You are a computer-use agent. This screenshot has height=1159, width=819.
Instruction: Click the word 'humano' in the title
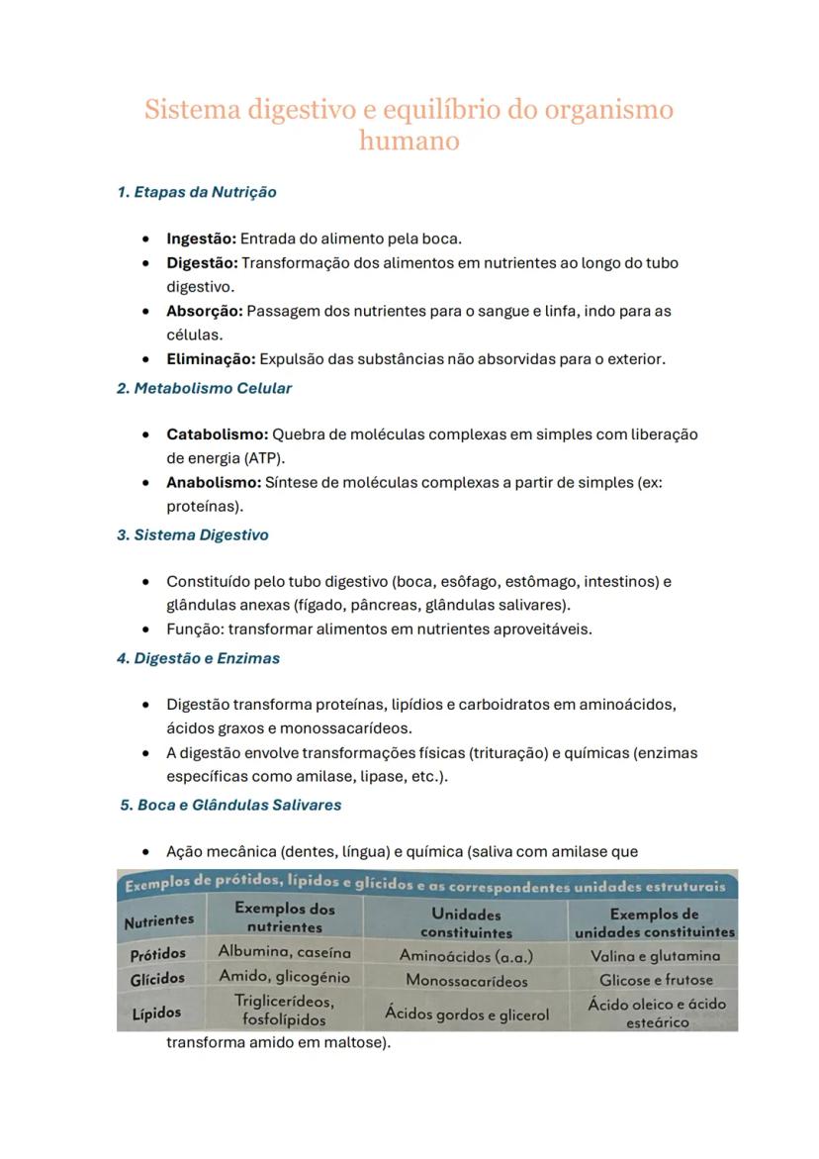point(409,141)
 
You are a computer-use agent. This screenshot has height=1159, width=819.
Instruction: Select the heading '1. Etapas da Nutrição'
point(197,192)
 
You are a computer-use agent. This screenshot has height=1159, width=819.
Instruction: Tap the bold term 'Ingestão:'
point(201,239)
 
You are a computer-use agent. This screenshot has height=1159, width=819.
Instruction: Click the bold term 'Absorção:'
point(204,311)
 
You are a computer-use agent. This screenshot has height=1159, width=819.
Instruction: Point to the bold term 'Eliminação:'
point(211,358)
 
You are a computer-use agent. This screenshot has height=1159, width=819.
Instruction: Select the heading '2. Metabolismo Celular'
point(204,388)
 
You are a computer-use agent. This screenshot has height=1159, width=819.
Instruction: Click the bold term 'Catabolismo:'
point(217,435)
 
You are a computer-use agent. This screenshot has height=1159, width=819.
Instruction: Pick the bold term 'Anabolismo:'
point(213,483)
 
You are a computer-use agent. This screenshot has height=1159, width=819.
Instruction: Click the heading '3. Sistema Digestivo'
point(193,534)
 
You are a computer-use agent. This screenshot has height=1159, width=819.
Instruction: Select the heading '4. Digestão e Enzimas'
point(198,658)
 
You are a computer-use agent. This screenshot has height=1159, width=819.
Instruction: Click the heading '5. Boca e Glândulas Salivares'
point(230,805)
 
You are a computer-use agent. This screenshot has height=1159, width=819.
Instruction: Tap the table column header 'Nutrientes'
point(158,920)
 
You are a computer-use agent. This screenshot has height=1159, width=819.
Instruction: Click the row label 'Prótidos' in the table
point(158,955)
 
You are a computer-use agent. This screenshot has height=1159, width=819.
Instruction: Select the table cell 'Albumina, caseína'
point(285,951)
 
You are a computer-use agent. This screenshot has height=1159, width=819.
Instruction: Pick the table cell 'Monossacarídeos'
point(466,981)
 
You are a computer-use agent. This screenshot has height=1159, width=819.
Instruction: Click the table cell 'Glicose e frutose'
point(656,980)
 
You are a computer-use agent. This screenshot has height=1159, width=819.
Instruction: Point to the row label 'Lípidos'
point(156,1014)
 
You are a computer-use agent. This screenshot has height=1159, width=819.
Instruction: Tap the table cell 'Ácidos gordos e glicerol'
point(466,1014)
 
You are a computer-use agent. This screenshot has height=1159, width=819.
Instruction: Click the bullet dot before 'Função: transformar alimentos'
point(146,629)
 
